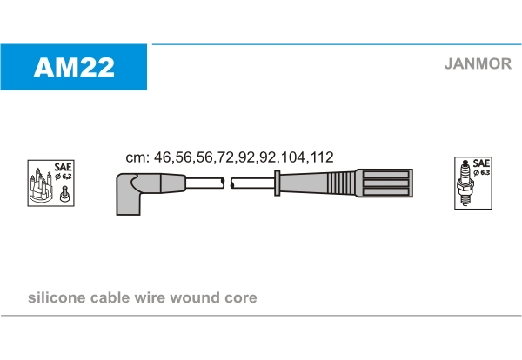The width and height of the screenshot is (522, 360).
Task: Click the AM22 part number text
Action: (74, 67)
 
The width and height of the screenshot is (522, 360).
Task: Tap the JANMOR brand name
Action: (478, 63)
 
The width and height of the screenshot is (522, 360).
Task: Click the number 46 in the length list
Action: (162, 157)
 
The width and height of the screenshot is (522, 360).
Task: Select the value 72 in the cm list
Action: (225, 157)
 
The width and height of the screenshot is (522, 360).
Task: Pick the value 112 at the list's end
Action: (321, 157)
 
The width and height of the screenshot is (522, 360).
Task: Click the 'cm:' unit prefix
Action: (137, 157)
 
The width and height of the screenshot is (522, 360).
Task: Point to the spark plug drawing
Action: (465, 184)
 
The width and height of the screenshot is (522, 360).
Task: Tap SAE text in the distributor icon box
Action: (63, 166)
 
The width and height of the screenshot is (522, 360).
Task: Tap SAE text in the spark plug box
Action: (481, 163)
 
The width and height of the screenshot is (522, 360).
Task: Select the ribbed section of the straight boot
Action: (341, 183)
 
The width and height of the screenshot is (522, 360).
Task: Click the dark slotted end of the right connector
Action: (385, 183)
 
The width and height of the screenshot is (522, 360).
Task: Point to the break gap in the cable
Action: (228, 183)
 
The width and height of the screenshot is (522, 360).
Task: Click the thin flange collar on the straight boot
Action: (277, 183)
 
